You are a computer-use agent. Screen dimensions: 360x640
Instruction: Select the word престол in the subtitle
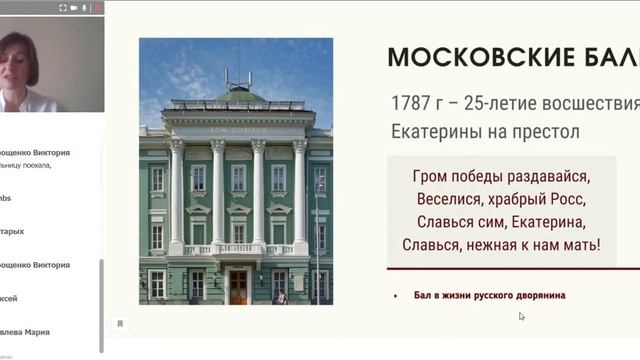coord(544,131)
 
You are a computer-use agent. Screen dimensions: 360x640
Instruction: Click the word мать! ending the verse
coord(578,243)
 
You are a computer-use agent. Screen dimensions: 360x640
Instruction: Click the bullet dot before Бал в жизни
coord(396,295)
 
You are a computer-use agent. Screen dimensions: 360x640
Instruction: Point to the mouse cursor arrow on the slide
coord(521,316)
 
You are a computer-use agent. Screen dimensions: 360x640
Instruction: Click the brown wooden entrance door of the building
coord(238,286)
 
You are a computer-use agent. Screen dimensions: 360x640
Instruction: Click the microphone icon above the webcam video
coord(84,7)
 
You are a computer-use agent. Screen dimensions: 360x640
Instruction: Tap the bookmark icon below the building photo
coord(119,323)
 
